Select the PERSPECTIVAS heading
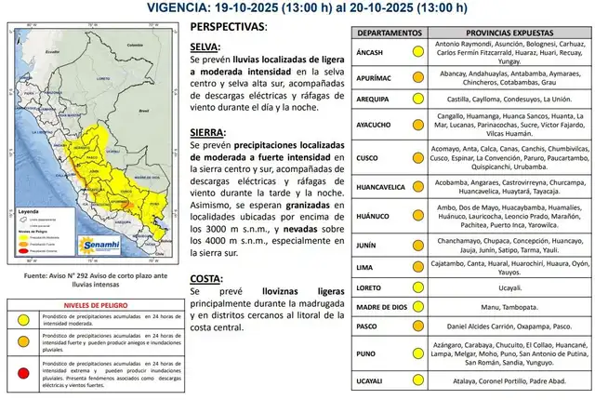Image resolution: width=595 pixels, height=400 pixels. pos(227,26)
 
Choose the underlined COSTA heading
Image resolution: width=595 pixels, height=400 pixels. pos(205,276)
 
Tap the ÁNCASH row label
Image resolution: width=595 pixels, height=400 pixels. pos(372,49)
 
